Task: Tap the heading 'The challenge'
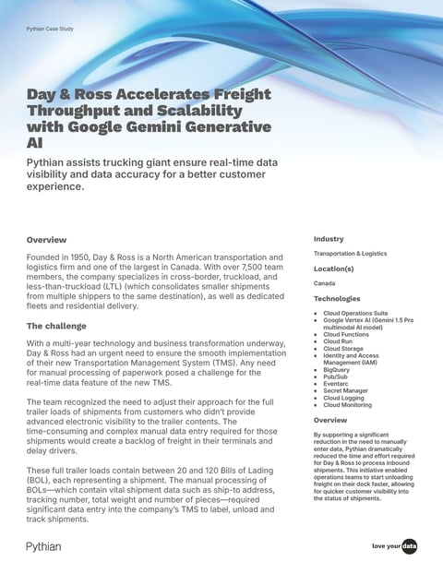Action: [58, 326]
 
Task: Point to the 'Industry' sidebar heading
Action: [329, 239]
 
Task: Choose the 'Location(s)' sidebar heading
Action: [335, 269]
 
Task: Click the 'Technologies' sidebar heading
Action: [337, 299]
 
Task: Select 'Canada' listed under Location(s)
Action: [324, 283]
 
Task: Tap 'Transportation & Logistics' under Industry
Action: [350, 254]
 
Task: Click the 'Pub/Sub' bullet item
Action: [336, 376]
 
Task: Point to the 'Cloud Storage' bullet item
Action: [344, 349]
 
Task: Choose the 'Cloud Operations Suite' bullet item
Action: [355, 314]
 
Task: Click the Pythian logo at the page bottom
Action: [43, 547]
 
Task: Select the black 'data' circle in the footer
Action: [409, 547]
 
